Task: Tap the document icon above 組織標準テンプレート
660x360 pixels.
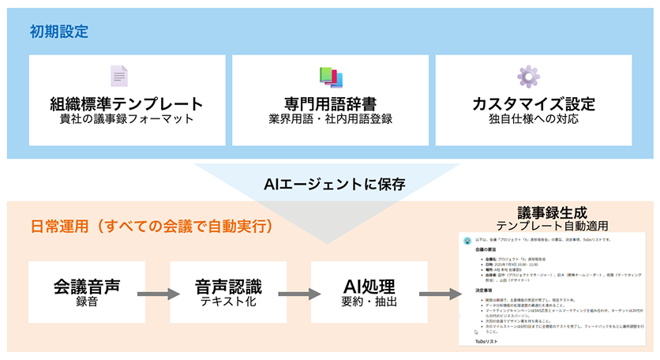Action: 118,76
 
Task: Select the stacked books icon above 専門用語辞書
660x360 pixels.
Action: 330,76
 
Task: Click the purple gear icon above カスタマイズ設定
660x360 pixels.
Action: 528,76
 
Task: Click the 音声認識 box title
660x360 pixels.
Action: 227,285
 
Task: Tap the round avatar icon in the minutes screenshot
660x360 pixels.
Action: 467,238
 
